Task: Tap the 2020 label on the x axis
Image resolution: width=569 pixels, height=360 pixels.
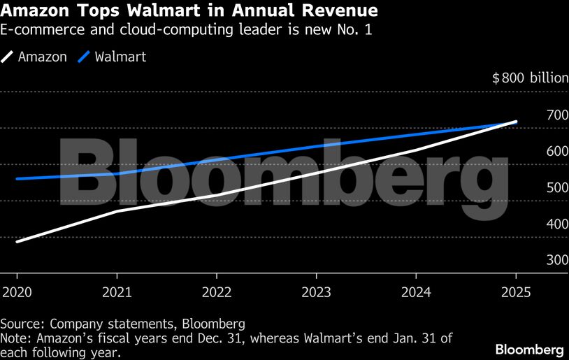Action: coord(15,291)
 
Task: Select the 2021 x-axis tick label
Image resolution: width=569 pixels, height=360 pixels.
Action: coord(116,291)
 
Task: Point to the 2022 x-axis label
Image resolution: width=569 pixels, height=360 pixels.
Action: coord(216,291)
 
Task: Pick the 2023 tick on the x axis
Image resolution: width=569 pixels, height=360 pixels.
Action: coord(316,291)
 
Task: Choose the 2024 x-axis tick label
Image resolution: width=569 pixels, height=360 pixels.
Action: coord(416,291)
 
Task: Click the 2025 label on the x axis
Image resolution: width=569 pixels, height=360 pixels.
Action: coord(516,291)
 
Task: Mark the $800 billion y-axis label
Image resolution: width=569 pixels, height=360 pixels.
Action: coord(530,78)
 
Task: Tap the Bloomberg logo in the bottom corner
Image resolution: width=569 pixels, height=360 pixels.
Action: coord(529,348)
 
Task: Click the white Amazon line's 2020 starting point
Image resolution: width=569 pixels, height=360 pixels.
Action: coord(16,242)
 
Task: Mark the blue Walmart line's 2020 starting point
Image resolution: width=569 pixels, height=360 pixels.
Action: coord(16,179)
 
